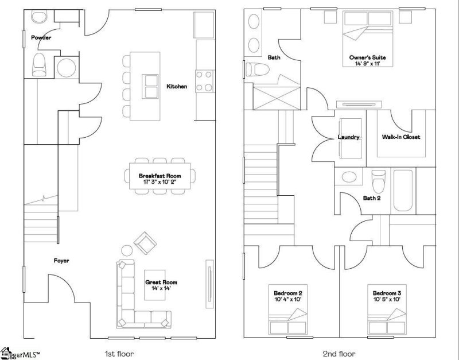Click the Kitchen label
[177, 87]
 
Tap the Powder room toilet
[39, 65]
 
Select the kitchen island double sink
[150, 86]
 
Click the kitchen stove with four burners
[204, 81]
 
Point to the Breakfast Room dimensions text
[160, 182]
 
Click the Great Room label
[161, 282]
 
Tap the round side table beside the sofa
[127, 250]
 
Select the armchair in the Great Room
[145, 243]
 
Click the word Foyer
[61, 261]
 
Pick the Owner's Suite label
[367, 57]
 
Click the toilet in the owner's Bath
[258, 69]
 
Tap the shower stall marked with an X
[277, 98]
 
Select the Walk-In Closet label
[400, 137]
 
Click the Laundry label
[348, 137]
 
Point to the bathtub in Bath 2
[403, 191]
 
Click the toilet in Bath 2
[378, 181]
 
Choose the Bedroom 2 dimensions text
[288, 299]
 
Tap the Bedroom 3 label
[387, 293]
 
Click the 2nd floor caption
[339, 354]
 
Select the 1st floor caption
[119, 354]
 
